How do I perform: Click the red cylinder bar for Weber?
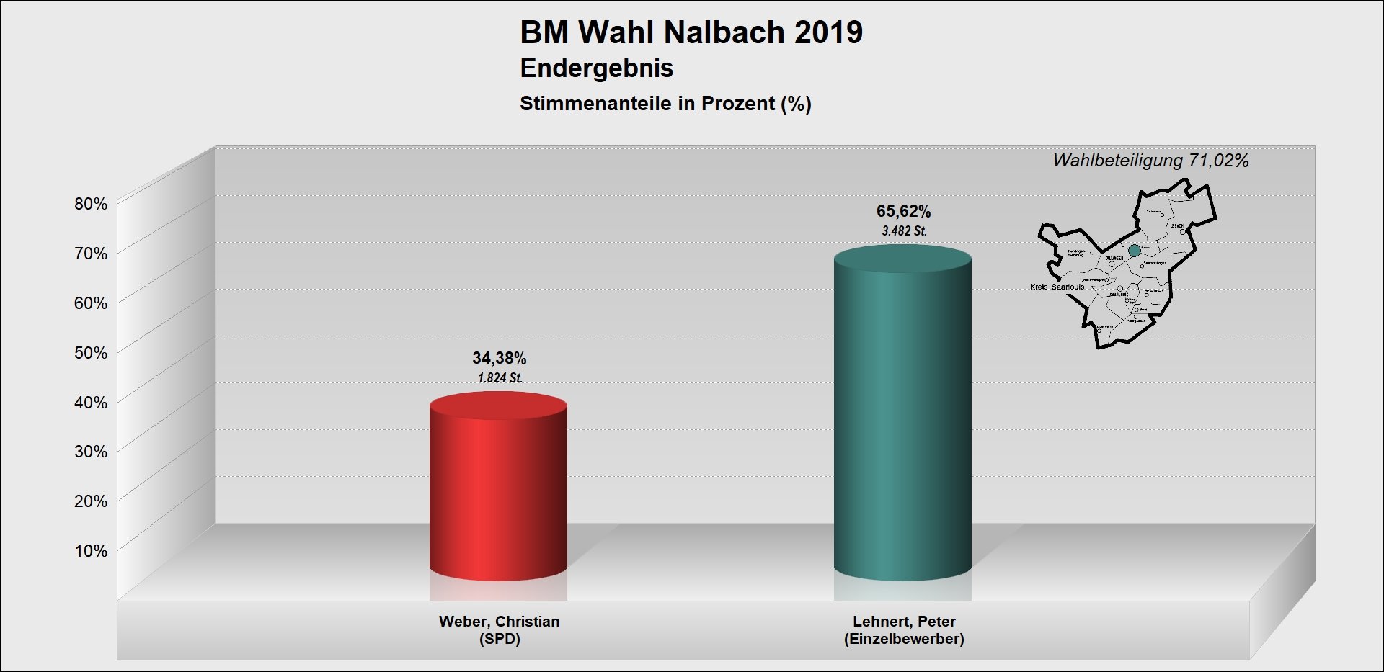tap(498, 490)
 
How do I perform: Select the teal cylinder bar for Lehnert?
tap(902, 418)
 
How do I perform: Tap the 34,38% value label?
tap(500, 358)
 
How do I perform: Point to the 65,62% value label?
tap(903, 211)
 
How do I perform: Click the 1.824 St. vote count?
tap(500, 378)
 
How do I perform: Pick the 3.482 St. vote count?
tap(904, 231)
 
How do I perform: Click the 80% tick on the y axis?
tap(91, 204)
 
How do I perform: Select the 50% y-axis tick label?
tap(91, 353)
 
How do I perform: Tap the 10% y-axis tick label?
tap(91, 551)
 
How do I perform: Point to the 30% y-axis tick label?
tap(91, 452)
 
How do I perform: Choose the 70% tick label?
tap(91, 254)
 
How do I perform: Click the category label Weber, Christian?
tap(499, 622)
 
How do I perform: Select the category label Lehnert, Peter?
tap(904, 622)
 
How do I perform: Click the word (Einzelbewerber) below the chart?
tap(904, 639)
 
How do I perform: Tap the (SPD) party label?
tap(499, 639)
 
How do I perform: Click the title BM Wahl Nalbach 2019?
tap(691, 32)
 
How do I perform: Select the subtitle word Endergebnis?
tap(596, 68)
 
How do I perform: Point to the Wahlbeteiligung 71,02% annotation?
tap(1150, 161)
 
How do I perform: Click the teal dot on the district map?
tap(1135, 251)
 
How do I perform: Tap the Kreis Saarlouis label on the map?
tap(1057, 287)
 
